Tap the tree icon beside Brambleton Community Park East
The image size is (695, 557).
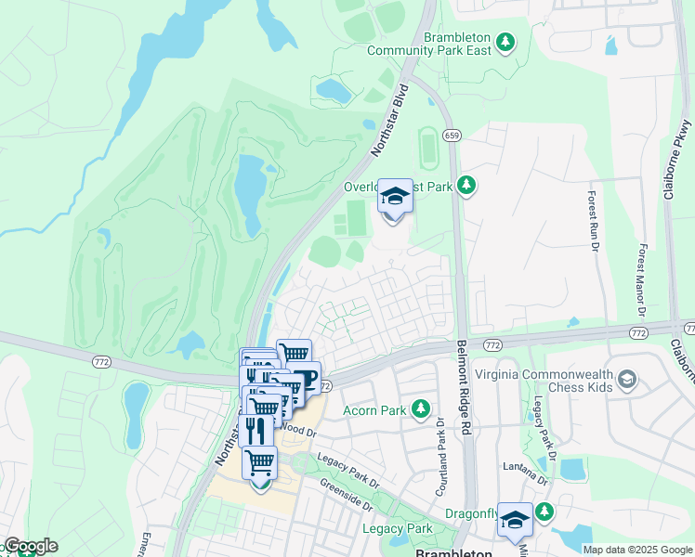[505, 42]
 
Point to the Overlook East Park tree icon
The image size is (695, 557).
[467, 187]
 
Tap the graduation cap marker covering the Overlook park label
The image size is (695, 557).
[395, 199]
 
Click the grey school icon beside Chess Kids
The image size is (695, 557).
[628, 378]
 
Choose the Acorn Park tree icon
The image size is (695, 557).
[421, 408]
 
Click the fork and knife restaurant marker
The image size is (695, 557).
[255, 430]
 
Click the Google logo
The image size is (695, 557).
[30, 546]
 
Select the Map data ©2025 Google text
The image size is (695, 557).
[637, 550]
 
